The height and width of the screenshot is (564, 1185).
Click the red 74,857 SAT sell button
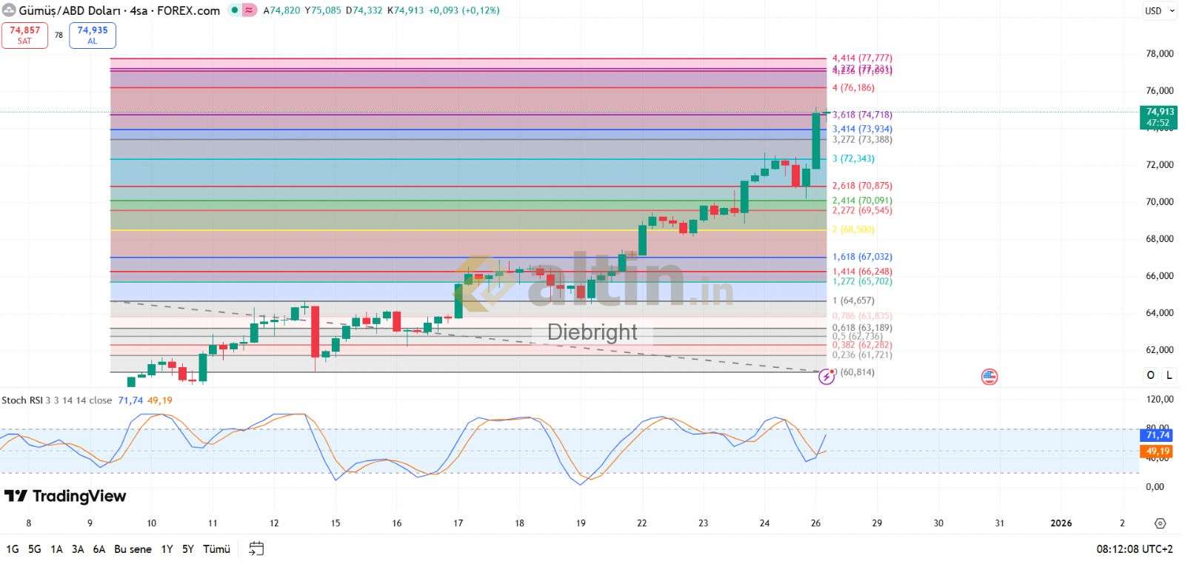pyautogui.click(x=25, y=35)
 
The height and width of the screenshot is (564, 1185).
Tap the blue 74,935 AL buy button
pyautogui.click(x=93, y=35)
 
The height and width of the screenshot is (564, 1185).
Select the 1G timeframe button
pyautogui.click(x=13, y=549)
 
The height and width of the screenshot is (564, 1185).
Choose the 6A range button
pyautogui.click(x=99, y=549)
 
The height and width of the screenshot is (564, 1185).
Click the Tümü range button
pyautogui.click(x=216, y=549)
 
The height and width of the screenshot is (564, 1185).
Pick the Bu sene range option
pyautogui.click(x=133, y=549)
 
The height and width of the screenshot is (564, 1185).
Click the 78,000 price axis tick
pyautogui.click(x=1159, y=54)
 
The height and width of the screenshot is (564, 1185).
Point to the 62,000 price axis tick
pyautogui.click(x=1159, y=349)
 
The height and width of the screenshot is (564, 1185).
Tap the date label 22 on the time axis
pyautogui.click(x=641, y=523)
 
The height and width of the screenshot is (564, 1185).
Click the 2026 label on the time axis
pyautogui.click(x=1061, y=523)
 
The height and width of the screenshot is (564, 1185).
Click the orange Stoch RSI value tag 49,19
pyautogui.click(x=1158, y=451)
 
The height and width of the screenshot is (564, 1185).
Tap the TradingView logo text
pyautogui.click(x=66, y=496)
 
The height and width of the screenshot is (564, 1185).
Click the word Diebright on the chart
pyautogui.click(x=592, y=332)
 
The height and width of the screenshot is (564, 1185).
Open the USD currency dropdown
pyautogui.click(x=1159, y=11)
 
